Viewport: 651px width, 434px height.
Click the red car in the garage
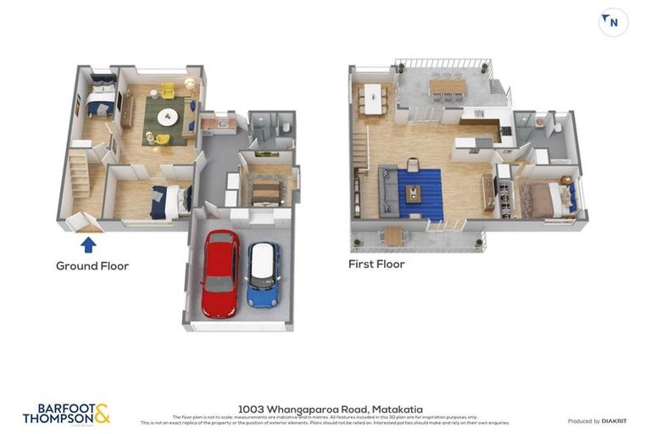pyautogui.click(x=220, y=273)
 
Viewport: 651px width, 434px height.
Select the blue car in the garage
pyautogui.click(x=264, y=275)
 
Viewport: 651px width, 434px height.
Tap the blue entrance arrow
pyautogui.click(x=88, y=245)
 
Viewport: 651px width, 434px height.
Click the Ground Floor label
pyautogui.click(x=92, y=266)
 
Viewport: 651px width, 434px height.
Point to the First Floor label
pyautogui.click(x=376, y=264)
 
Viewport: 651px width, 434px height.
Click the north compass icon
pyautogui.click(x=613, y=22)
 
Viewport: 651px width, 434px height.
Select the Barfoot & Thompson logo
pyautogui.click(x=66, y=414)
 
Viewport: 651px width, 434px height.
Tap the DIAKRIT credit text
pyautogui.click(x=596, y=421)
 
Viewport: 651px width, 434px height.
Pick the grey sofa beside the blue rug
pyautogui.click(x=388, y=191)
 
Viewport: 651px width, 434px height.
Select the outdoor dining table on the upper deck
pyautogui.click(x=447, y=86)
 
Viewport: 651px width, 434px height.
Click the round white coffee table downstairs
pyautogui.click(x=167, y=117)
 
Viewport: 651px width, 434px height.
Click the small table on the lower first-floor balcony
pyautogui.click(x=393, y=236)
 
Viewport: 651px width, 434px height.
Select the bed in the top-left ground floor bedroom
pyautogui.click(x=101, y=99)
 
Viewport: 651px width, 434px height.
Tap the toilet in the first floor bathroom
pyautogui.click(x=557, y=128)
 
